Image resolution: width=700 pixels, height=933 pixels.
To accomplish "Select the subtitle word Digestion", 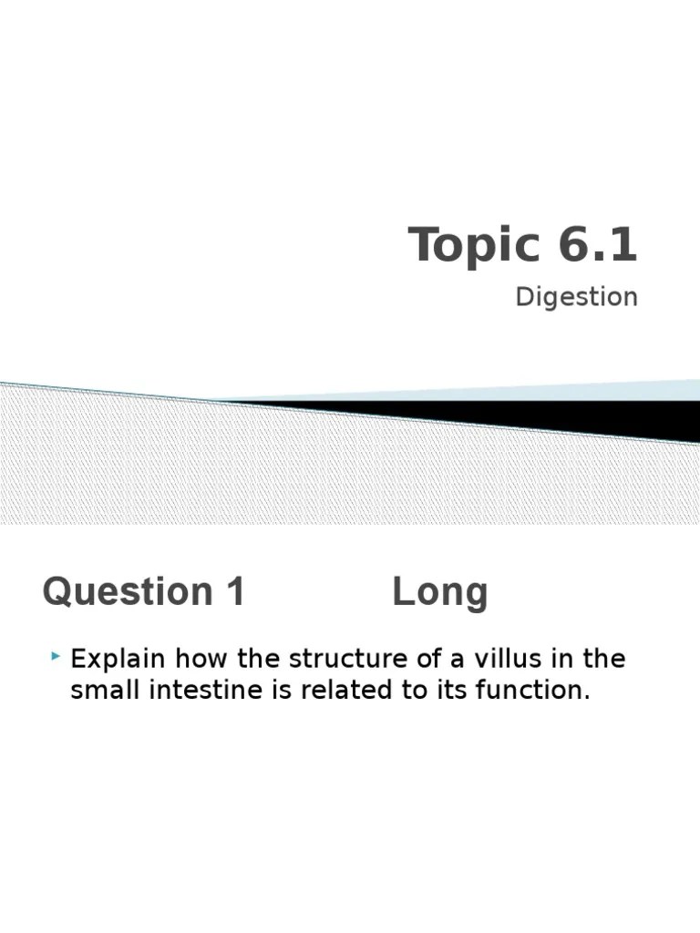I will (x=576, y=297).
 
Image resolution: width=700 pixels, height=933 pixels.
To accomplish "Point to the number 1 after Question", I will (x=234, y=592).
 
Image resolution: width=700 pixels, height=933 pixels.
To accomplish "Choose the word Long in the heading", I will (x=440, y=593).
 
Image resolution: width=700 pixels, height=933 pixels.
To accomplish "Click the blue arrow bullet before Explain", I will (x=57, y=656).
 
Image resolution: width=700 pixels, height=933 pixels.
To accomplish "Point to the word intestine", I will (x=199, y=690).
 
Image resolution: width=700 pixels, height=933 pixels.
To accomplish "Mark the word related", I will (x=343, y=690).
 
